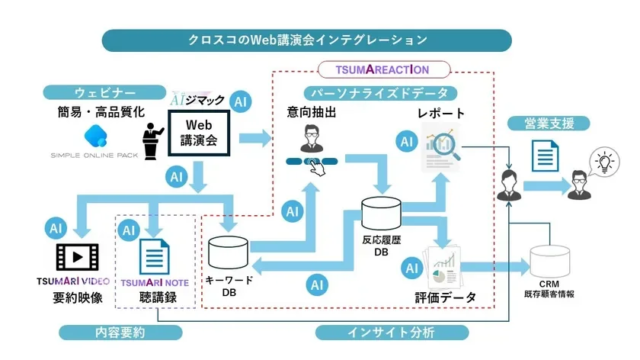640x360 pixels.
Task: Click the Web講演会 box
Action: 199,130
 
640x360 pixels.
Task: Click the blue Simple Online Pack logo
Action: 97,137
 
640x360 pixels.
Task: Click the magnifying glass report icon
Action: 439,147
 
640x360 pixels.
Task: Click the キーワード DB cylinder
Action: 229,252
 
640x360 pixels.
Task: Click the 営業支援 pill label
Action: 542,125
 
